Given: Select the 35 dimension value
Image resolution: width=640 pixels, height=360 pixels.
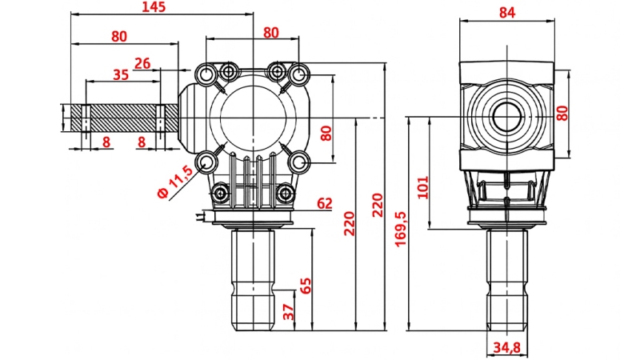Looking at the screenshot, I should point(121,75).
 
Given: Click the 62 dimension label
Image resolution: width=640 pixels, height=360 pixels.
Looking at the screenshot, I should point(324,204).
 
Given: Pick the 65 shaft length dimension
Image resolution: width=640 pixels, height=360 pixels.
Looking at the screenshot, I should point(305,286).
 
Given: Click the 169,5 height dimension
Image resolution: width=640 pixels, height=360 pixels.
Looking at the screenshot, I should point(400,230).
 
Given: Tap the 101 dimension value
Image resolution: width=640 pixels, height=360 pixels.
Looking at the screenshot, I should point(424,186).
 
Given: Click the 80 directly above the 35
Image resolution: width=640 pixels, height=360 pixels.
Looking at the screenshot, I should point(119,37).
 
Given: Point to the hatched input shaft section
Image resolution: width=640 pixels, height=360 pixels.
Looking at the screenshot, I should point(124,118).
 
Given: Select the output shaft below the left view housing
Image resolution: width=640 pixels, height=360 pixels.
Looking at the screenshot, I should point(253,280).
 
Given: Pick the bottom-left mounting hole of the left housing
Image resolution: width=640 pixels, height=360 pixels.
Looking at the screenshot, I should point(207,162).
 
